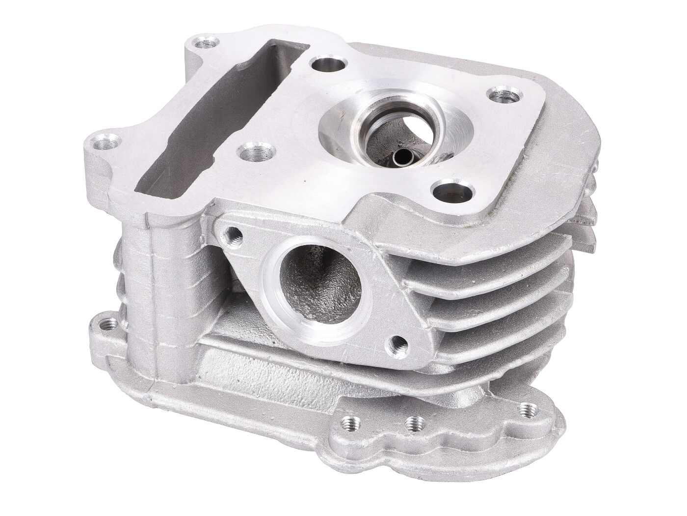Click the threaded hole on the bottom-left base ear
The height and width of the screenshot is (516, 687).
[x=103, y=324]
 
